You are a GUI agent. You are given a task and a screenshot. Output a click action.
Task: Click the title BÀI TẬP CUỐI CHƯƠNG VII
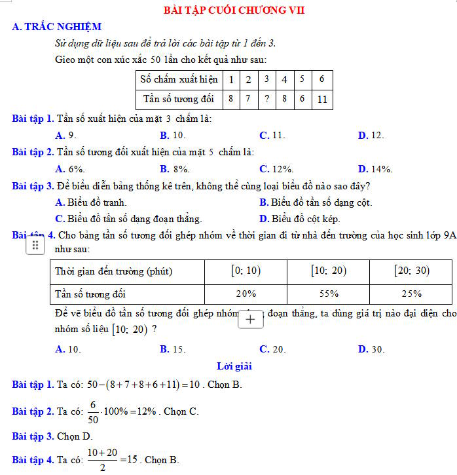234,10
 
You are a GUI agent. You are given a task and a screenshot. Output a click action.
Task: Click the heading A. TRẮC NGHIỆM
56,27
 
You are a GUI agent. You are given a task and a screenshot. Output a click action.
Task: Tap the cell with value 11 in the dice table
321,100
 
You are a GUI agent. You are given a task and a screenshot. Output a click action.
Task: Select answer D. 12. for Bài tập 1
371,135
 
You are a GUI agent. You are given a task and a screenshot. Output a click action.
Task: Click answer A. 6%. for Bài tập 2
71,169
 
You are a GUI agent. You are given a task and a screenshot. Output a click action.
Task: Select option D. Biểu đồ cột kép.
299,219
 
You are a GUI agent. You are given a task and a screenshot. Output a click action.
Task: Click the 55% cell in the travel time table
329,294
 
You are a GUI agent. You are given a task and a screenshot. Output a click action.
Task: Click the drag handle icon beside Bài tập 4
35,245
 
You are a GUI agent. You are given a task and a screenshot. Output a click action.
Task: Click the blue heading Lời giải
234,366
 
